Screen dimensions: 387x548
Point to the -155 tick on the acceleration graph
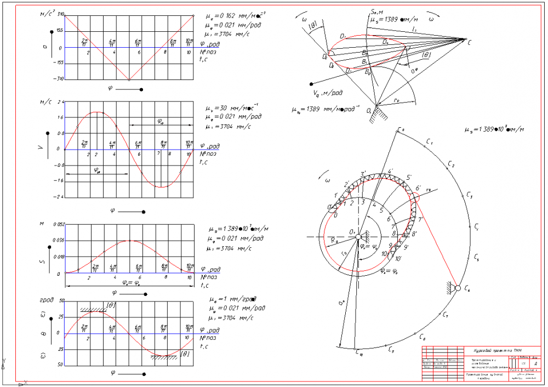(60, 62)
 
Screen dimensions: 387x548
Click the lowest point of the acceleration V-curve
(129, 79)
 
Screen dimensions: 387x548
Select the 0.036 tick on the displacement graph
(59, 240)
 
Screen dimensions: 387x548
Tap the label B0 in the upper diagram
(368, 71)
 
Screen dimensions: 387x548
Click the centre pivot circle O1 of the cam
(357, 237)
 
